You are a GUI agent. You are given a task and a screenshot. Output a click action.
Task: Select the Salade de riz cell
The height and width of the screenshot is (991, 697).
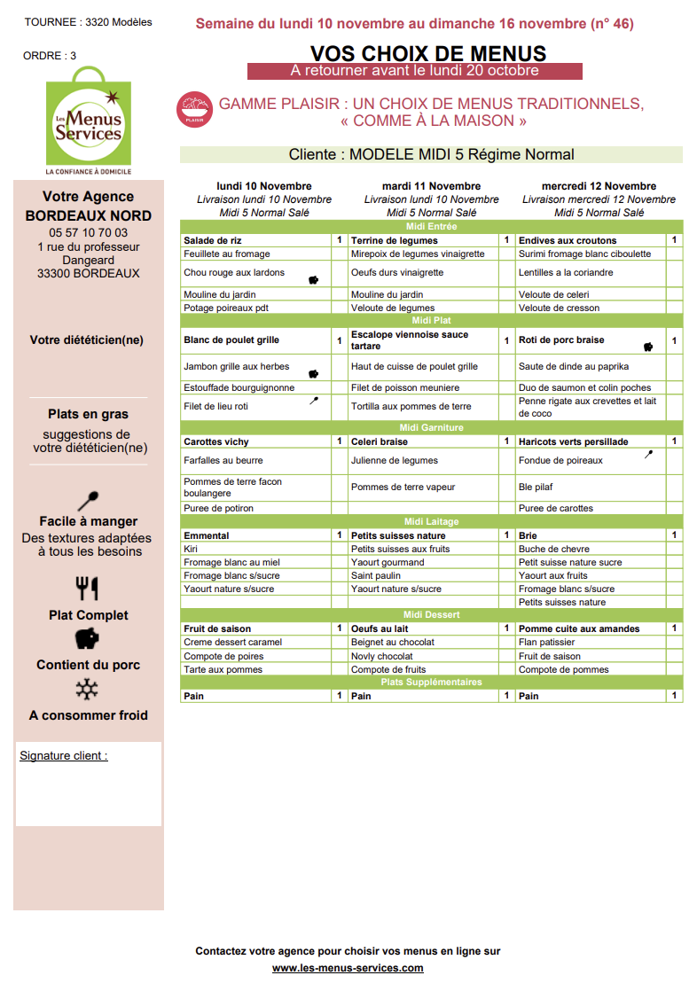pos(213,240)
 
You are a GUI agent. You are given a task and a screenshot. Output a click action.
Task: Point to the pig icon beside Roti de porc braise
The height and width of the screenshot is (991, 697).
pos(648,346)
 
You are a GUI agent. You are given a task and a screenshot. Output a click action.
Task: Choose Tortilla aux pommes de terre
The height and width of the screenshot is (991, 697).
pos(411,407)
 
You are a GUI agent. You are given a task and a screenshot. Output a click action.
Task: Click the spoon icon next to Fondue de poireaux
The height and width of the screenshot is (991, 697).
pos(648,454)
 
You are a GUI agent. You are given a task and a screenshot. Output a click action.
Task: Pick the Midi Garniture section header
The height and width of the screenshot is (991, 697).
pos(431,428)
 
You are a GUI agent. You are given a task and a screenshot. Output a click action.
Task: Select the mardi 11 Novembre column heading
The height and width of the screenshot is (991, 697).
pos(431,186)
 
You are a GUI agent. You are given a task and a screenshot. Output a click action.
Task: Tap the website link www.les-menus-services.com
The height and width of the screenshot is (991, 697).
pos(348,968)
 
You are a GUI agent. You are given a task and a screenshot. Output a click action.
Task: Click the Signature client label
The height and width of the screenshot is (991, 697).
pos(64,756)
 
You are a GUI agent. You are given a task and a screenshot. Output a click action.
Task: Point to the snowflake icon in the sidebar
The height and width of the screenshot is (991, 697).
pos(87,690)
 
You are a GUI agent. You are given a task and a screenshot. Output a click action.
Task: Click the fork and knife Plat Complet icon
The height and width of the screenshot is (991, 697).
pos(87,588)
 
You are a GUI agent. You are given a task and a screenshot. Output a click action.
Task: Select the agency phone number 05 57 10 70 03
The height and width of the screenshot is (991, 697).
pos(89,233)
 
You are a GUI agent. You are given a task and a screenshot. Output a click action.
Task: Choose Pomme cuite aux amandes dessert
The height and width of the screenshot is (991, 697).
pos(579,628)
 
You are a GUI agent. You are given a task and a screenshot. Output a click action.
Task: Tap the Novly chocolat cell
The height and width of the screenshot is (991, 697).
pos(382,656)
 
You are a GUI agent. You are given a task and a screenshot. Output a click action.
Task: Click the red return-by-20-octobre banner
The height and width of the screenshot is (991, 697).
pos(414,71)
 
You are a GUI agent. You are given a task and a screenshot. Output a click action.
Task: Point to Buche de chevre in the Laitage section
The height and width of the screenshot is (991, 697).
pos(554,549)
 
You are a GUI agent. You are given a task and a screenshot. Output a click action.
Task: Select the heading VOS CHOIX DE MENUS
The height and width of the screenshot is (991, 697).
pos(428,53)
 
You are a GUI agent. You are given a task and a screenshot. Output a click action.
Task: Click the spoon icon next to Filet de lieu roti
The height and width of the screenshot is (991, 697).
pos(314,401)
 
